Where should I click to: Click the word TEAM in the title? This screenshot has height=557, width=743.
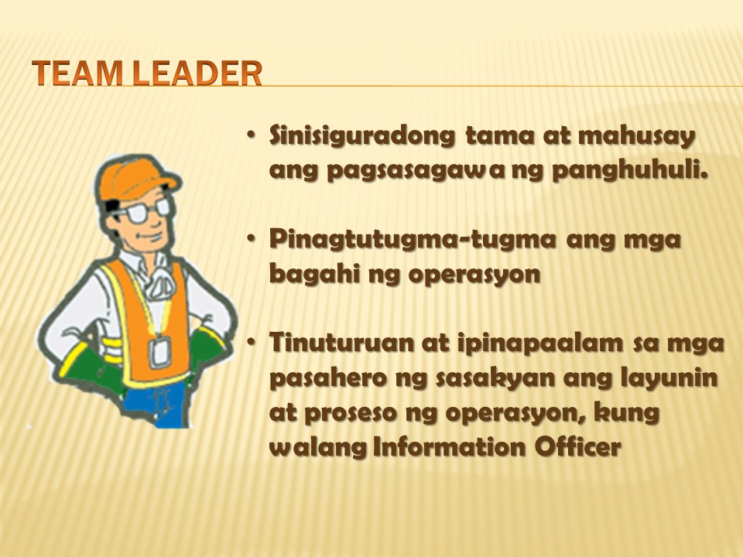coord(79,73)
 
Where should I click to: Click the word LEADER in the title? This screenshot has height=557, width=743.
coord(197,73)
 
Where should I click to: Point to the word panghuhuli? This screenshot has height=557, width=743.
coord(630,171)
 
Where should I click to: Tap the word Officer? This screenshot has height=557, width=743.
coord(577,446)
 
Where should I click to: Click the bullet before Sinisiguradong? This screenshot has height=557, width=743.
coord(251,135)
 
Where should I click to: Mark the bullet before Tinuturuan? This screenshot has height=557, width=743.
coord(251,341)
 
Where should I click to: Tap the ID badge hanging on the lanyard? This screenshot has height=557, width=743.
coord(159,351)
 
